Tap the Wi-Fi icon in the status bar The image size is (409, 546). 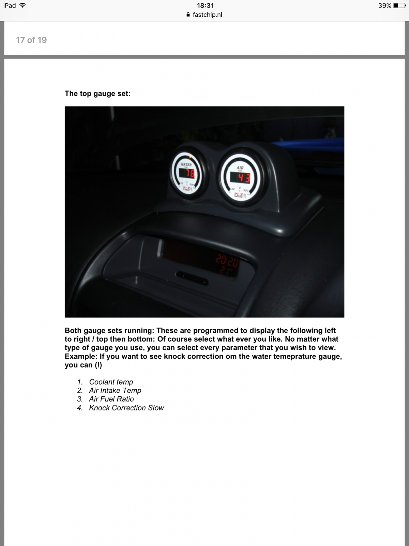(x=23, y=5)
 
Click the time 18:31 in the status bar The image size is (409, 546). (x=205, y=5)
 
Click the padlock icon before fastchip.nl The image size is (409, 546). (x=188, y=15)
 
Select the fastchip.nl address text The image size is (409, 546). (x=207, y=15)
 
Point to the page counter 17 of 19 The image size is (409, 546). (x=31, y=40)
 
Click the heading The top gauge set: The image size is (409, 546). (x=97, y=94)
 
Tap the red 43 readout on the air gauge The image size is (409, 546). (x=240, y=178)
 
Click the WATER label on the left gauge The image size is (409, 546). (x=186, y=164)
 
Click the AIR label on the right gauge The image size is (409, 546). (x=240, y=168)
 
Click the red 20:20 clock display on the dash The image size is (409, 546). (x=227, y=262)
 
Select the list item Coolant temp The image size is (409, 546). (x=111, y=382)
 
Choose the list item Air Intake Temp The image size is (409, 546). (x=115, y=390)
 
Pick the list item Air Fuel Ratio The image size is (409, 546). (x=111, y=399)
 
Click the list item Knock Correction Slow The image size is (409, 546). (x=126, y=408)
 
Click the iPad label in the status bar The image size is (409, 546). (x=10, y=5)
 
